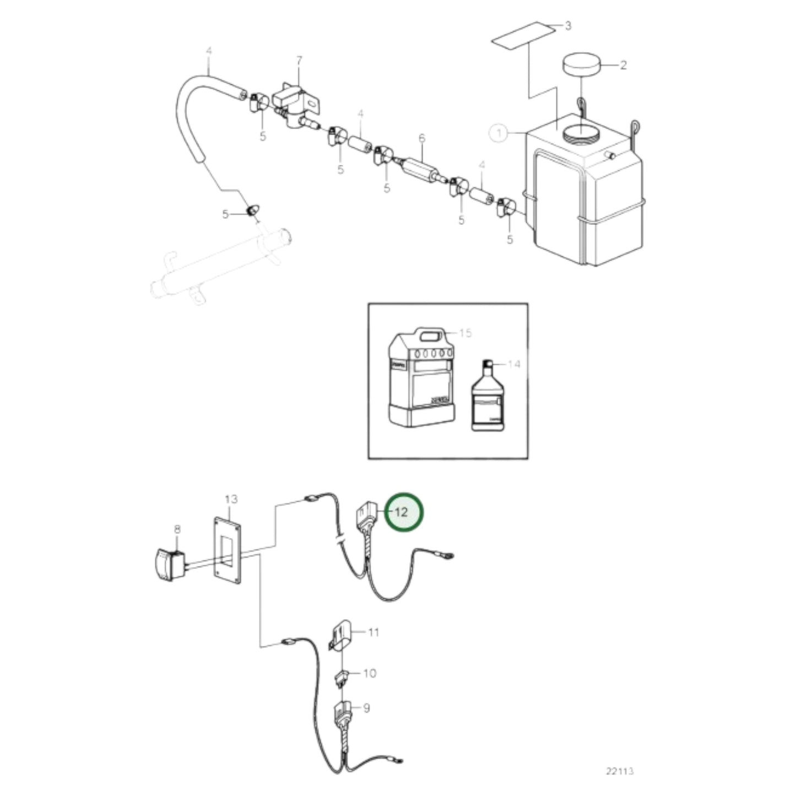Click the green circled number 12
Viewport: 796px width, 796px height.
pos(403,512)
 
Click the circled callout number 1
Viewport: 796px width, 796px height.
pos(499,133)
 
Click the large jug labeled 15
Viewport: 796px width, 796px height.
pos(422,380)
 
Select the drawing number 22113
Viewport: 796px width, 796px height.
pos(620,771)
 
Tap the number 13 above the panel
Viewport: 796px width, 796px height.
pos(231,499)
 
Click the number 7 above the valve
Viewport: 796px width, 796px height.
pos(299,59)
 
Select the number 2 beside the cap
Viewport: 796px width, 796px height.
pos(623,66)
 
